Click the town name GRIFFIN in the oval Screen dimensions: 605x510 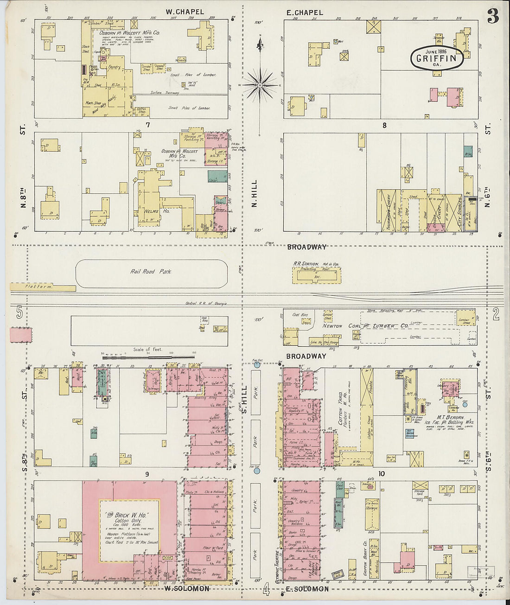(x=436, y=58)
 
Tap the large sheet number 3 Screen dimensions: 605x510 (x=492, y=17)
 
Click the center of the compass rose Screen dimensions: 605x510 (x=261, y=85)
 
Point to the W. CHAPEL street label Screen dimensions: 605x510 (x=185, y=12)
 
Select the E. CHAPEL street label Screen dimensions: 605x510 (x=305, y=13)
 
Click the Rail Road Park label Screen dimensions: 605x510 (x=151, y=272)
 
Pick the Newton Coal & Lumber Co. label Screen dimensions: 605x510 (x=366, y=326)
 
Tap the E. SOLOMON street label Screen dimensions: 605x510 (x=301, y=589)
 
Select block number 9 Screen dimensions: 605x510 (x=147, y=474)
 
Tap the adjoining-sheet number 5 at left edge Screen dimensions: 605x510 (x=19, y=313)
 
